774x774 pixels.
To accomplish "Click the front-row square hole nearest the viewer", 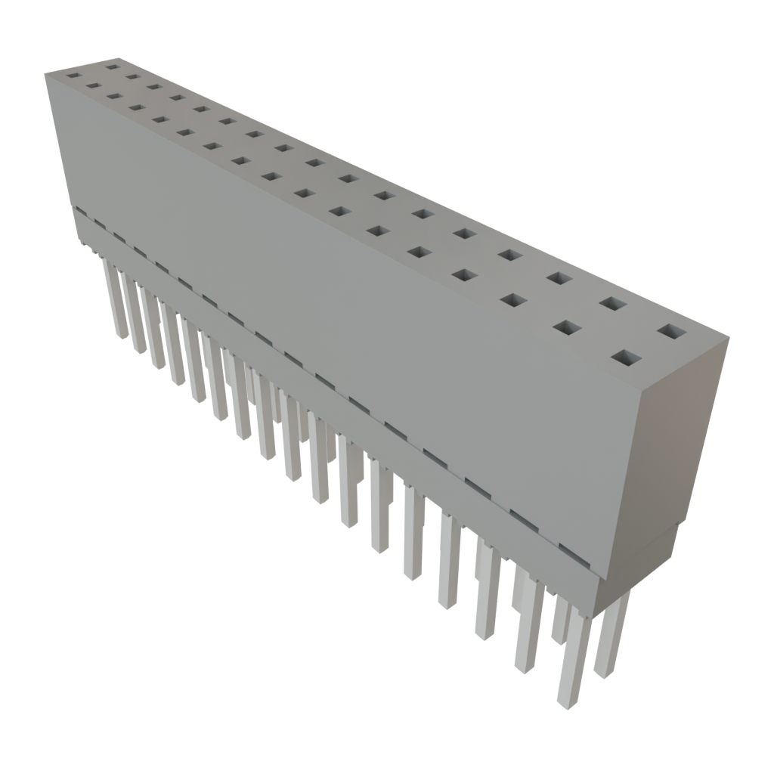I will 625,358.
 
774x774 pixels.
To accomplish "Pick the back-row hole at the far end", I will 113,67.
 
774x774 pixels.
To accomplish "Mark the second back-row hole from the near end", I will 613,304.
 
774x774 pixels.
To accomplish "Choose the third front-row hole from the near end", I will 513,300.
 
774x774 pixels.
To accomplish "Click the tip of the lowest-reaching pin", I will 568,701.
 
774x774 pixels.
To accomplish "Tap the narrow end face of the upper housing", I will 680,438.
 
